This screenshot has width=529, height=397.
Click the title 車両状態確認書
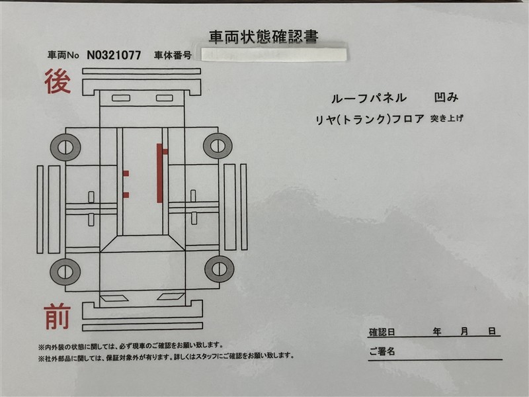[263, 37]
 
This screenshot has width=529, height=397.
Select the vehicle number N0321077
[114, 55]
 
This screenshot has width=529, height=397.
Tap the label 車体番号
[173, 55]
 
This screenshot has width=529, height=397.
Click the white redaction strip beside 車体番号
[274, 55]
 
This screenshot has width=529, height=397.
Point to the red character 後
[58, 81]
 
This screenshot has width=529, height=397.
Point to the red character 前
[57, 316]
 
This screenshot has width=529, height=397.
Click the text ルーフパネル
[369, 98]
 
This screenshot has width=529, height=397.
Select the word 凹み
[446, 97]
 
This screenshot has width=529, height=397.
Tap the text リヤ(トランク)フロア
[370, 119]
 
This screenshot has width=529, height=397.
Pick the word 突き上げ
[447, 118]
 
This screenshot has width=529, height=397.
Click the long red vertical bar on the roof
[159, 173]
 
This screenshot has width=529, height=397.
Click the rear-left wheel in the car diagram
[65, 147]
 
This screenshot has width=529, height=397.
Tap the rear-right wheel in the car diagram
[218, 146]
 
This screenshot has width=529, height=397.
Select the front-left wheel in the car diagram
[65, 272]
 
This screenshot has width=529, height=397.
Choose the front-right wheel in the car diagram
[220, 269]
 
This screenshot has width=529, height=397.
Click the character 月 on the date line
[465, 332]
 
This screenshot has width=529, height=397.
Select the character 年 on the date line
[437, 332]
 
